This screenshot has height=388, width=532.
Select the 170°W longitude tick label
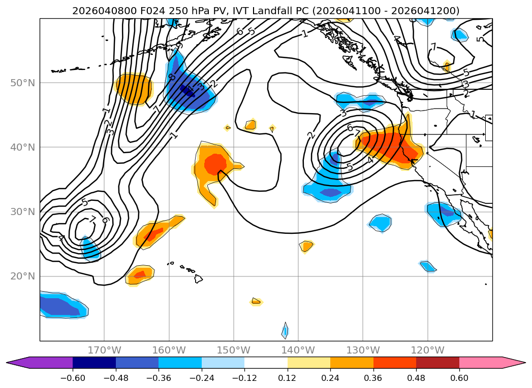104,350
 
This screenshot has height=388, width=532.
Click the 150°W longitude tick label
234,350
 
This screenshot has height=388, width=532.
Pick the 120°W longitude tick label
428,350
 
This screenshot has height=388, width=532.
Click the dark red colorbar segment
437,362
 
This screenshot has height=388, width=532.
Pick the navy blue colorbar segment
94,362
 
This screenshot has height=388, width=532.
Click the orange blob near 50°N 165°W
134,88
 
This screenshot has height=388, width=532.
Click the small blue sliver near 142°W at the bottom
285,331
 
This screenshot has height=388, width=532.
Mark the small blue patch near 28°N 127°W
381,223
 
